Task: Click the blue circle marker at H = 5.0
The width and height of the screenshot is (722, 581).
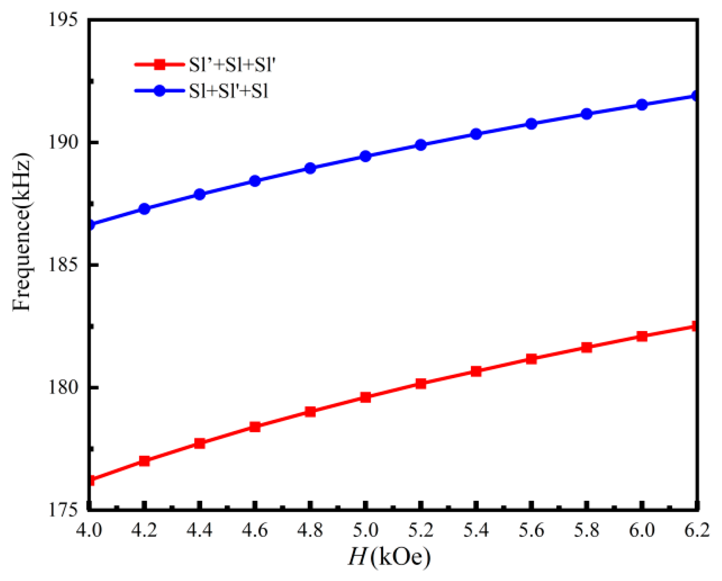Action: [x=366, y=156]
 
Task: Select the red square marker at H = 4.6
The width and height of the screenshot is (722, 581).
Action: [x=255, y=427]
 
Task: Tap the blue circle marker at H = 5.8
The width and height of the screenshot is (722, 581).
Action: [x=586, y=114]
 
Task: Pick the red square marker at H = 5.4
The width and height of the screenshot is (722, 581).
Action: [x=476, y=371]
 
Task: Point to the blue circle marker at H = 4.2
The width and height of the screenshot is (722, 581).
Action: [x=144, y=209]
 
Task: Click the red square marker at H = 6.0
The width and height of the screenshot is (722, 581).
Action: [x=642, y=336]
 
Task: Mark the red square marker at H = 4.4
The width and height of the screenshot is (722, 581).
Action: [x=199, y=443]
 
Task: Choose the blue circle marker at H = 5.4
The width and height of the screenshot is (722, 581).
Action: [x=476, y=134]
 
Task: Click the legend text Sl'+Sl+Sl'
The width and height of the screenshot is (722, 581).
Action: [x=232, y=65]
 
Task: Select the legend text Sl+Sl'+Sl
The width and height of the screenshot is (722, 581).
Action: [x=229, y=91]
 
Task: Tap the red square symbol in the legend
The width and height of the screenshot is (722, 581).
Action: [x=160, y=65]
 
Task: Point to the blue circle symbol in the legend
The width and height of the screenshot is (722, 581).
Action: [x=160, y=91]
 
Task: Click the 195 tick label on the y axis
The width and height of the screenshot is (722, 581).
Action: [x=63, y=20]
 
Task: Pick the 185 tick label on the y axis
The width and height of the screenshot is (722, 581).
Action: [x=63, y=265]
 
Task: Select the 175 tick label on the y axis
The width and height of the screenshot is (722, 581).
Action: [x=63, y=510]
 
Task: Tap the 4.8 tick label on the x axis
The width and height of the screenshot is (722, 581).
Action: [x=310, y=530]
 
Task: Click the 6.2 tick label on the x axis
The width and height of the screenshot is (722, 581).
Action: [x=696, y=530]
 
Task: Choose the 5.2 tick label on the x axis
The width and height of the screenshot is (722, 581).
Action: [x=421, y=530]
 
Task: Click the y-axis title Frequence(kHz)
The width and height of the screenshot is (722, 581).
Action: [x=22, y=232]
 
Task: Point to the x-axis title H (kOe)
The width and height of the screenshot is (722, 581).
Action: [x=389, y=557]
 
